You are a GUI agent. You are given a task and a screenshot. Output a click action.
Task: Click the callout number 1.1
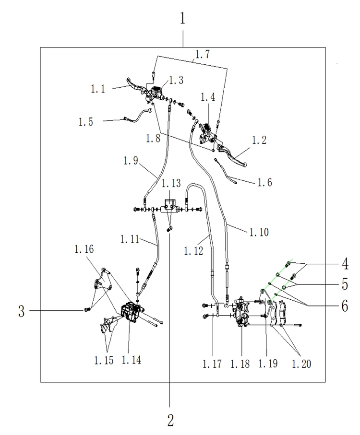[x=99, y=88]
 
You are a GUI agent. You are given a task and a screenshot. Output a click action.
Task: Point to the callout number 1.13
[x=171, y=183]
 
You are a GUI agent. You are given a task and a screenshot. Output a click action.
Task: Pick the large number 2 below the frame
[x=170, y=420]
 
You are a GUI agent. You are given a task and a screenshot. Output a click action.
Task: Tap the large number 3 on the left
[x=21, y=310]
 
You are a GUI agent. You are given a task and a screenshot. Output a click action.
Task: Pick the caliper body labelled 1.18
[x=242, y=314]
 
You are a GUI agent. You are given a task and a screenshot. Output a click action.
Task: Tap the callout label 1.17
[x=213, y=364]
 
